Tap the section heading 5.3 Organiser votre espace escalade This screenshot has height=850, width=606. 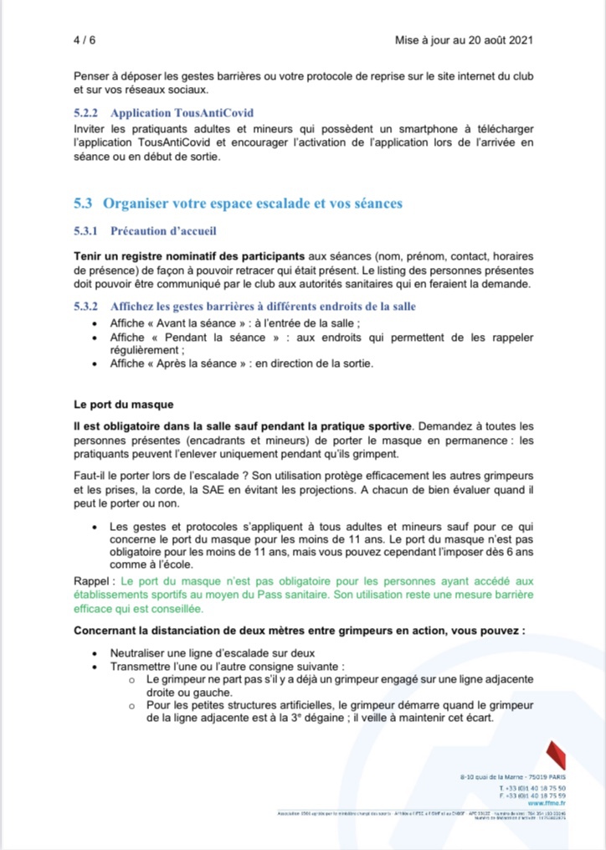coord(239,203)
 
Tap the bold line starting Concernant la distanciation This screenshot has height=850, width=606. coord(299,630)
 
